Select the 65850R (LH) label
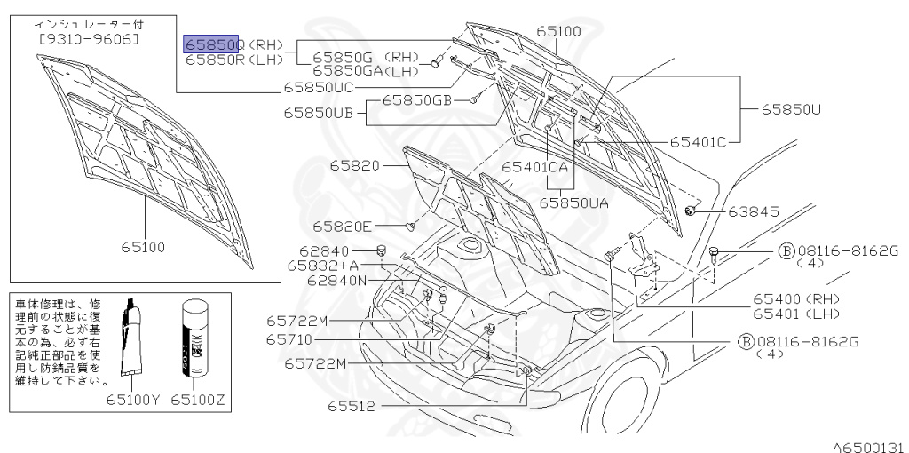[233, 60]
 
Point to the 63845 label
[754, 211]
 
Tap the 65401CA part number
[534, 166]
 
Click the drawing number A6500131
[867, 444]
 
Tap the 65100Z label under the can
[201, 401]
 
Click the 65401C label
[698, 140]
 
